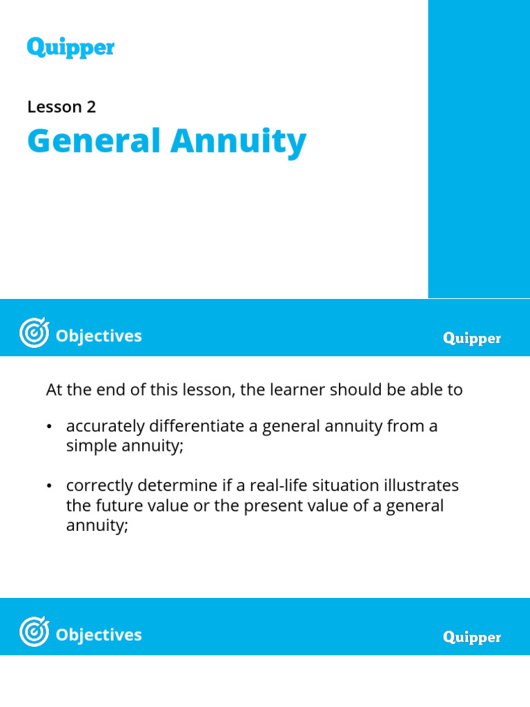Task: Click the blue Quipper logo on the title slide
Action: coord(70,48)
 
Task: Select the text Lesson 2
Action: coord(61,107)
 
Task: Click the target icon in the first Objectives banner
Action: coord(34,336)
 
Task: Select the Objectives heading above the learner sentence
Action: coord(99,336)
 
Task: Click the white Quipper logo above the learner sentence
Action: coord(472,339)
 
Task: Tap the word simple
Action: coord(89,445)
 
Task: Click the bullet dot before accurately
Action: coord(50,427)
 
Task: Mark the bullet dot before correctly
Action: coord(50,487)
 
